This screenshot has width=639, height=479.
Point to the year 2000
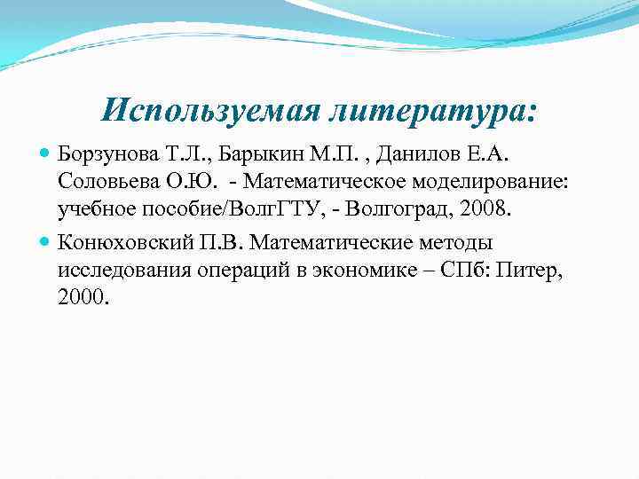83,300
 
